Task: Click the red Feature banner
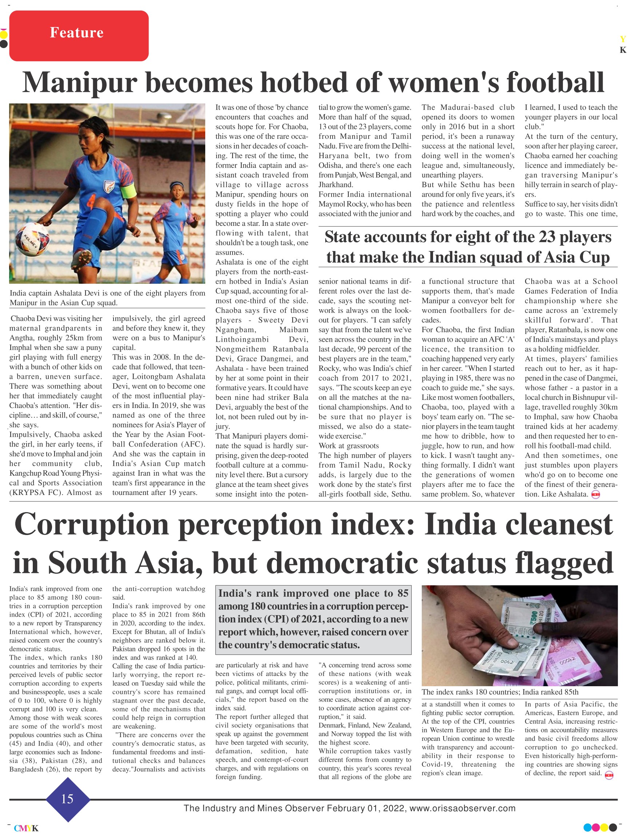[x=79, y=36]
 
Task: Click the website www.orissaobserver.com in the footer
[x=462, y=808]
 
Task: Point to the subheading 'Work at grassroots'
[x=349, y=446]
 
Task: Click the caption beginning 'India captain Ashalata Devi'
[x=107, y=298]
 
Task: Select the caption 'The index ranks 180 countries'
[x=500, y=692]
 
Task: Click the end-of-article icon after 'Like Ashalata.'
[x=595, y=495]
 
